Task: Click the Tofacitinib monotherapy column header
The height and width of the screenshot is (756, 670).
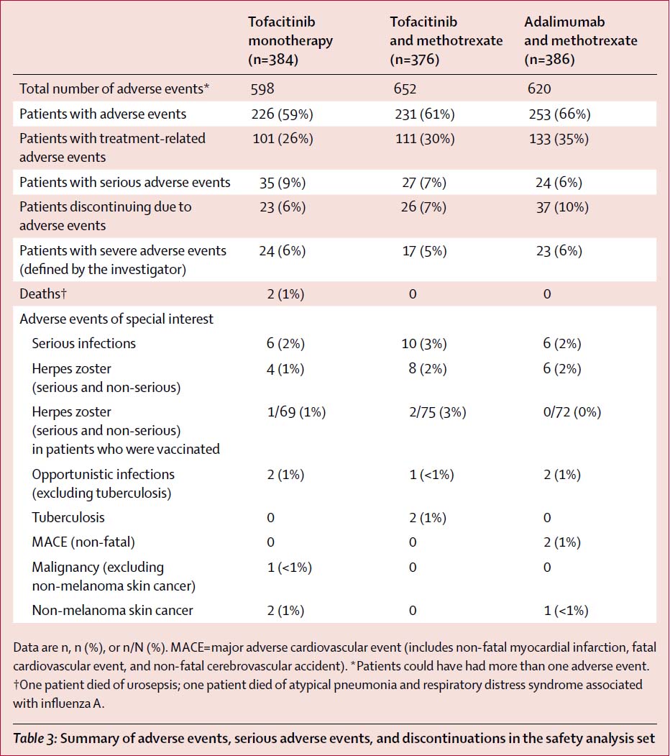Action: tap(290, 40)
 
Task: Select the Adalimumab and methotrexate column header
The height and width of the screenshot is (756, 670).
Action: tap(580, 40)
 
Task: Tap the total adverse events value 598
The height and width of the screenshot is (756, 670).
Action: tap(262, 88)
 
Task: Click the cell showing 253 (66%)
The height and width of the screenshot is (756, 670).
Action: tap(559, 114)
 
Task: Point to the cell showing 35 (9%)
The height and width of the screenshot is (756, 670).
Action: tap(283, 183)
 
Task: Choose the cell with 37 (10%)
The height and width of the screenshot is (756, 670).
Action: tap(562, 207)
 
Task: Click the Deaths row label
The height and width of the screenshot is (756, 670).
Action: tap(43, 293)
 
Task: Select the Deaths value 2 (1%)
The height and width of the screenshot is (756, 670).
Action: tap(285, 294)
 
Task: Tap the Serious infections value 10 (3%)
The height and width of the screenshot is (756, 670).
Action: tap(424, 344)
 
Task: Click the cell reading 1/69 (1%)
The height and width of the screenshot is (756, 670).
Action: tap(296, 412)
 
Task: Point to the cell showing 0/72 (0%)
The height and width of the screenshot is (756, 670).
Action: tap(572, 412)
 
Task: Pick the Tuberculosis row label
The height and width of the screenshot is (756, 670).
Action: tap(68, 517)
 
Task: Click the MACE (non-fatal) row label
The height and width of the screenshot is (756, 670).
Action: tap(83, 542)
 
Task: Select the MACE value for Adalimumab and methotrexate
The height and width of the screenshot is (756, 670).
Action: tap(562, 542)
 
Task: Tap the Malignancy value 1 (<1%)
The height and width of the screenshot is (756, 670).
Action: tap(289, 568)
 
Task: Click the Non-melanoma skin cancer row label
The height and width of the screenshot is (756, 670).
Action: tap(112, 611)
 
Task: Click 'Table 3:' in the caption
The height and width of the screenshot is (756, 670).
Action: tap(35, 739)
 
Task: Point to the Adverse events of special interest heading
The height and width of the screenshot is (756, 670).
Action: tap(116, 319)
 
